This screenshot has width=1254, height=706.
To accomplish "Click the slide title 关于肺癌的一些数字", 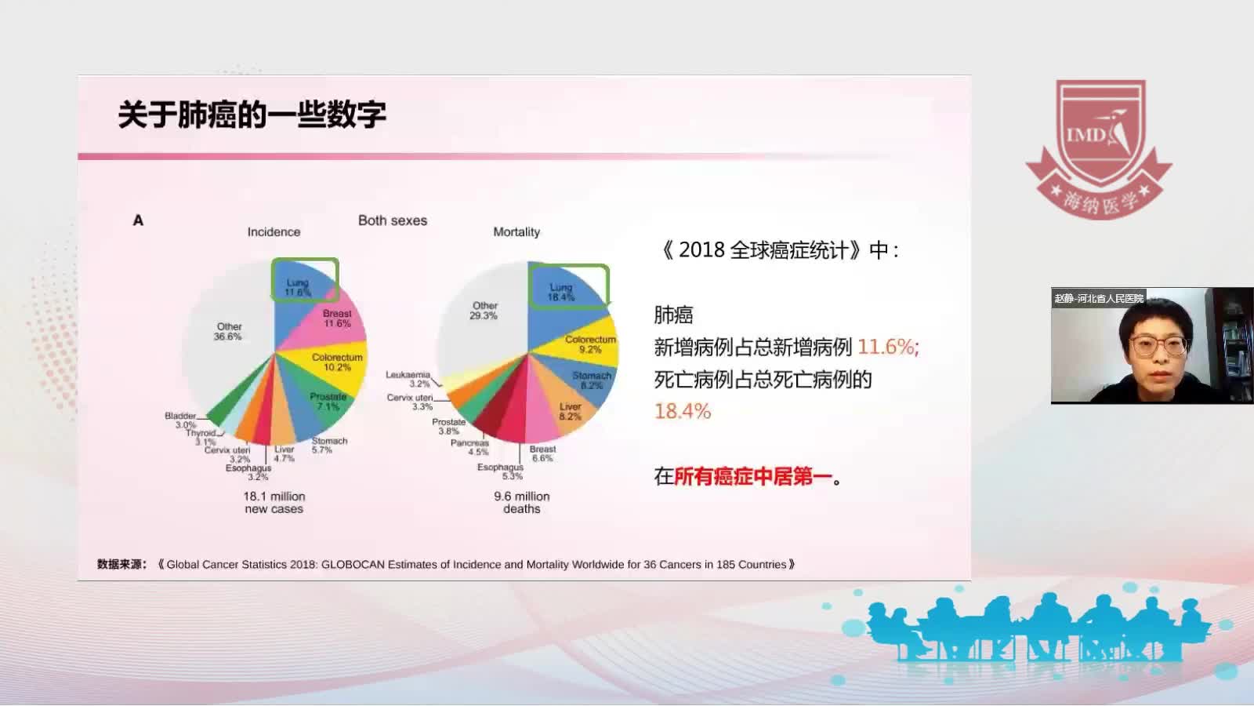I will pos(252,115).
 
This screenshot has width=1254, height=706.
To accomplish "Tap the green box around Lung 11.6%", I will pos(305,280).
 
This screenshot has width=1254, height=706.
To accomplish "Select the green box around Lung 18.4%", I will pos(569,286).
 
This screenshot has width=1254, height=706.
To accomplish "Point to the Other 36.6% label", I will pos(228,332).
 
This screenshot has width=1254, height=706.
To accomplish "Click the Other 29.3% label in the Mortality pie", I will pos(484,311).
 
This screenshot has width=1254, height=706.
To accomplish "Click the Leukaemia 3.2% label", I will pos(408,380).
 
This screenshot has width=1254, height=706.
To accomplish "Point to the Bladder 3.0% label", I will pos(181,420).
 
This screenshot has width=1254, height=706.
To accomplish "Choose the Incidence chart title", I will pos(274,232).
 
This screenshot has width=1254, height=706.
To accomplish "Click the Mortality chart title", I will pos(516,232).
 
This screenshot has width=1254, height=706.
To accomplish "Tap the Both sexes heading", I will pos(393,220).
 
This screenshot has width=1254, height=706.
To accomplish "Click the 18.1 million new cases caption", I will pos(274,503).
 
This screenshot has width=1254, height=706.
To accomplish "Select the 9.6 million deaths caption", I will pos(522,503).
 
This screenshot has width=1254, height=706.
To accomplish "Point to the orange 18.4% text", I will pos(683,412).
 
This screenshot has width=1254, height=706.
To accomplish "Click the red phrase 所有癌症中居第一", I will pos(752,476).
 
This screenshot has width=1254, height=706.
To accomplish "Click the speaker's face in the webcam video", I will pos(1156,341).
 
